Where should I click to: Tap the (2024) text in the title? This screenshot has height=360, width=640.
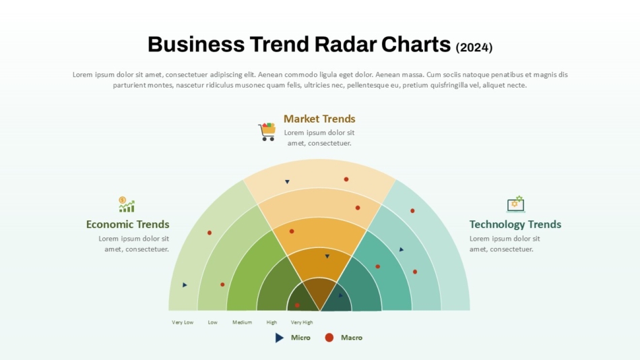(474, 47)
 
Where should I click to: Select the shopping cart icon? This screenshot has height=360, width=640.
(267, 131)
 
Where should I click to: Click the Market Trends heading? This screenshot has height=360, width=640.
(319, 119)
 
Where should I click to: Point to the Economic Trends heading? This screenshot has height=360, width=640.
(127, 224)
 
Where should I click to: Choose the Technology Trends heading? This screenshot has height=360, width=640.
(515, 224)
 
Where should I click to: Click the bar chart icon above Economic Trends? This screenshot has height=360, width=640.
(127, 204)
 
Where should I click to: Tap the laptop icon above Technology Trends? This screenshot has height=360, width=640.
(516, 204)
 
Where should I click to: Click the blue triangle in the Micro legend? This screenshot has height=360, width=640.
(279, 338)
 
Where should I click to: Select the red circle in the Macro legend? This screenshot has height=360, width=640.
(329, 338)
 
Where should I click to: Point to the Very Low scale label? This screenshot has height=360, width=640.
(183, 322)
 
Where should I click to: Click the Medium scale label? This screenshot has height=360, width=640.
(242, 322)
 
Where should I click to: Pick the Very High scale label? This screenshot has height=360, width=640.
(302, 322)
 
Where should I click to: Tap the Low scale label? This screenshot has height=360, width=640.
(213, 322)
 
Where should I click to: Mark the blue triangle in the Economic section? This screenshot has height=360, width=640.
(185, 284)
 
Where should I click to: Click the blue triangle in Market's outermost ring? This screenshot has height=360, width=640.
(288, 182)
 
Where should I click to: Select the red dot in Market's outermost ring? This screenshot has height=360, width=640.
(346, 179)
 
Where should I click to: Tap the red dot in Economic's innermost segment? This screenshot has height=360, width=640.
(297, 305)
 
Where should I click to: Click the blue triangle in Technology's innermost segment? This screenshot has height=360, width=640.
(340, 295)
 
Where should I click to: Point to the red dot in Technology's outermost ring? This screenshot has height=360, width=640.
(412, 211)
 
